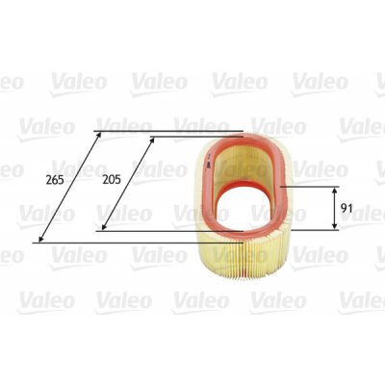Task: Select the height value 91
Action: coord(352,208)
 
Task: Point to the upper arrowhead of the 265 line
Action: coord(97,133)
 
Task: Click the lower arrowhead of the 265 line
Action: coord(38,240)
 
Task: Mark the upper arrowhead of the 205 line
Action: coord(152,140)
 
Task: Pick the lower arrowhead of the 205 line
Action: coord(103,227)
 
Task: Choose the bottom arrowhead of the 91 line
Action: coord(334,227)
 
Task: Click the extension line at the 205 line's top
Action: coord(192,138)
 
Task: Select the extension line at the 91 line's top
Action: coord(308,187)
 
